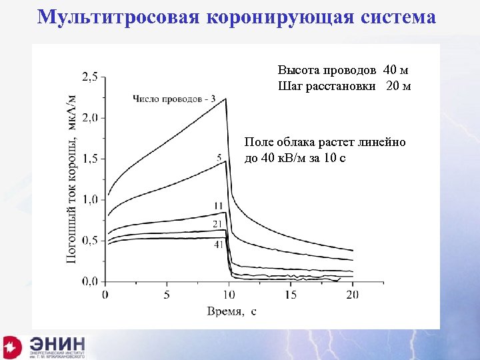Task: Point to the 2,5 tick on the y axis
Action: pyautogui.click(x=89, y=77)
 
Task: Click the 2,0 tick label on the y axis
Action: pyautogui.click(x=89, y=118)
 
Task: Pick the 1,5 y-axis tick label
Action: pyautogui.click(x=89, y=159)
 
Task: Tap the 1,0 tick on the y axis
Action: pyautogui.click(x=89, y=199)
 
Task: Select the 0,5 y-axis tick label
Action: pyautogui.click(x=89, y=240)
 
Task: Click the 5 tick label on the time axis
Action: pyautogui.click(x=167, y=294)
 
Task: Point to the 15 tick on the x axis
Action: pyautogui.click(x=290, y=294)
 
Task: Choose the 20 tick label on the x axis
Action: pyautogui.click(x=352, y=294)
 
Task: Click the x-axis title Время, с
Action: pyautogui.click(x=231, y=311)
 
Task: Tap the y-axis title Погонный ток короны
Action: pyautogui.click(x=71, y=179)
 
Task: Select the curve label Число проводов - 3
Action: pyautogui.click(x=174, y=99)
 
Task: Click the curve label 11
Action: pyautogui.click(x=219, y=205)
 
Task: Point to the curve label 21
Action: pyautogui.click(x=217, y=225)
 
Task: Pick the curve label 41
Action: pyautogui.click(x=218, y=245)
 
